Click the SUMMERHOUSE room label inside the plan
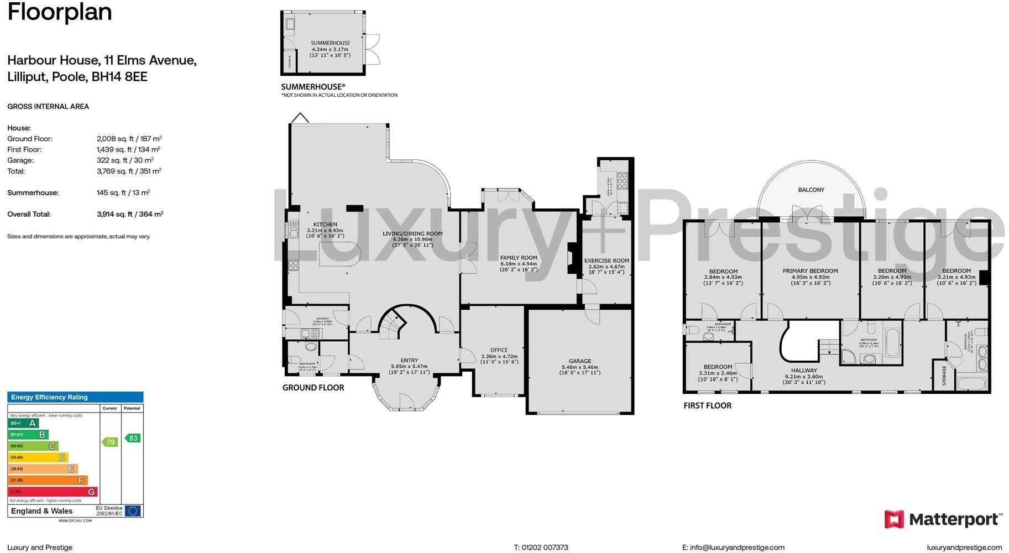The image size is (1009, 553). tap(330, 43)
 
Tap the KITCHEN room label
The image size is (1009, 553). tap(325, 225)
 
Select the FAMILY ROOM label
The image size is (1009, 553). tap(519, 258)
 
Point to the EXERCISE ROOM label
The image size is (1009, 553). tap(607, 260)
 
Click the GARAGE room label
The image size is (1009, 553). tap(580, 361)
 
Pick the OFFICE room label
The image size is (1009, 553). tap(499, 350)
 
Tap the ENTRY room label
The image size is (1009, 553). tap(409, 361)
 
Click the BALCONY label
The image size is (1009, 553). tap(811, 190)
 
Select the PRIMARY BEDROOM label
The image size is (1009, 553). tap(810, 271)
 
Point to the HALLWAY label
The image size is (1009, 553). tap(804, 371)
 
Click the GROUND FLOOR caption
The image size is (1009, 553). tap(313, 388)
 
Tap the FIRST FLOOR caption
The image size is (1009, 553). tap(707, 405)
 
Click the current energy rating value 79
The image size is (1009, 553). tap(111, 442)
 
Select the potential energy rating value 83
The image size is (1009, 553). tap(133, 438)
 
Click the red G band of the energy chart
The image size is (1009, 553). tap(53, 492)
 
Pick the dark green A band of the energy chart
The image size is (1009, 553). tap(23, 424)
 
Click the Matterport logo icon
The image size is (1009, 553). tap(893, 519)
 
